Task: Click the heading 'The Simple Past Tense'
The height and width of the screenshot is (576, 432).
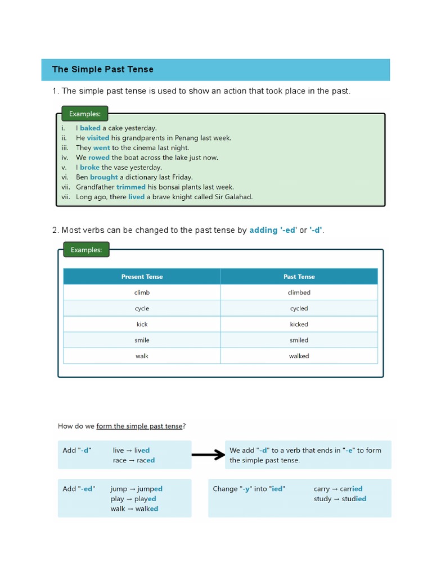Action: pos(102,69)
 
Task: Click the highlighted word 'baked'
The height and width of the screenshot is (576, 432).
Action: pos(90,128)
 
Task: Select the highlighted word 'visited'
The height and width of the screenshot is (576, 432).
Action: pos(98,138)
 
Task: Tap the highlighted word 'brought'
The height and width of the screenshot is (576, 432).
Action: pos(104,177)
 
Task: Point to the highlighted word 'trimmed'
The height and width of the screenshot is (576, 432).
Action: pos(131,187)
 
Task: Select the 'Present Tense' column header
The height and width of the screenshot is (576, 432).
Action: pos(142,277)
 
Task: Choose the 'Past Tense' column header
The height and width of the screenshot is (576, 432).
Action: pos(299,277)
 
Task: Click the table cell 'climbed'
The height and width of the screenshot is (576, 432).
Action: pos(299,292)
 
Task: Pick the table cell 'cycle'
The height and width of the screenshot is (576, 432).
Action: pos(142,308)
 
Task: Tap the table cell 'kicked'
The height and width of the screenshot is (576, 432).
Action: pos(299,324)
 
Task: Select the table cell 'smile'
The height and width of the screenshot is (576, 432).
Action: pos(142,340)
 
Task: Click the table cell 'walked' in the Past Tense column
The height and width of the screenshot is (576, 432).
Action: pos(299,355)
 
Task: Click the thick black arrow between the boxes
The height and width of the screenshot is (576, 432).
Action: pos(208,455)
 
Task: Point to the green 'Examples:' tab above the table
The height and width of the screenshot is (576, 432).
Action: pos(85,250)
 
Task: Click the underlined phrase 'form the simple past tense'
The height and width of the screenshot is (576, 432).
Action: pos(139,426)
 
